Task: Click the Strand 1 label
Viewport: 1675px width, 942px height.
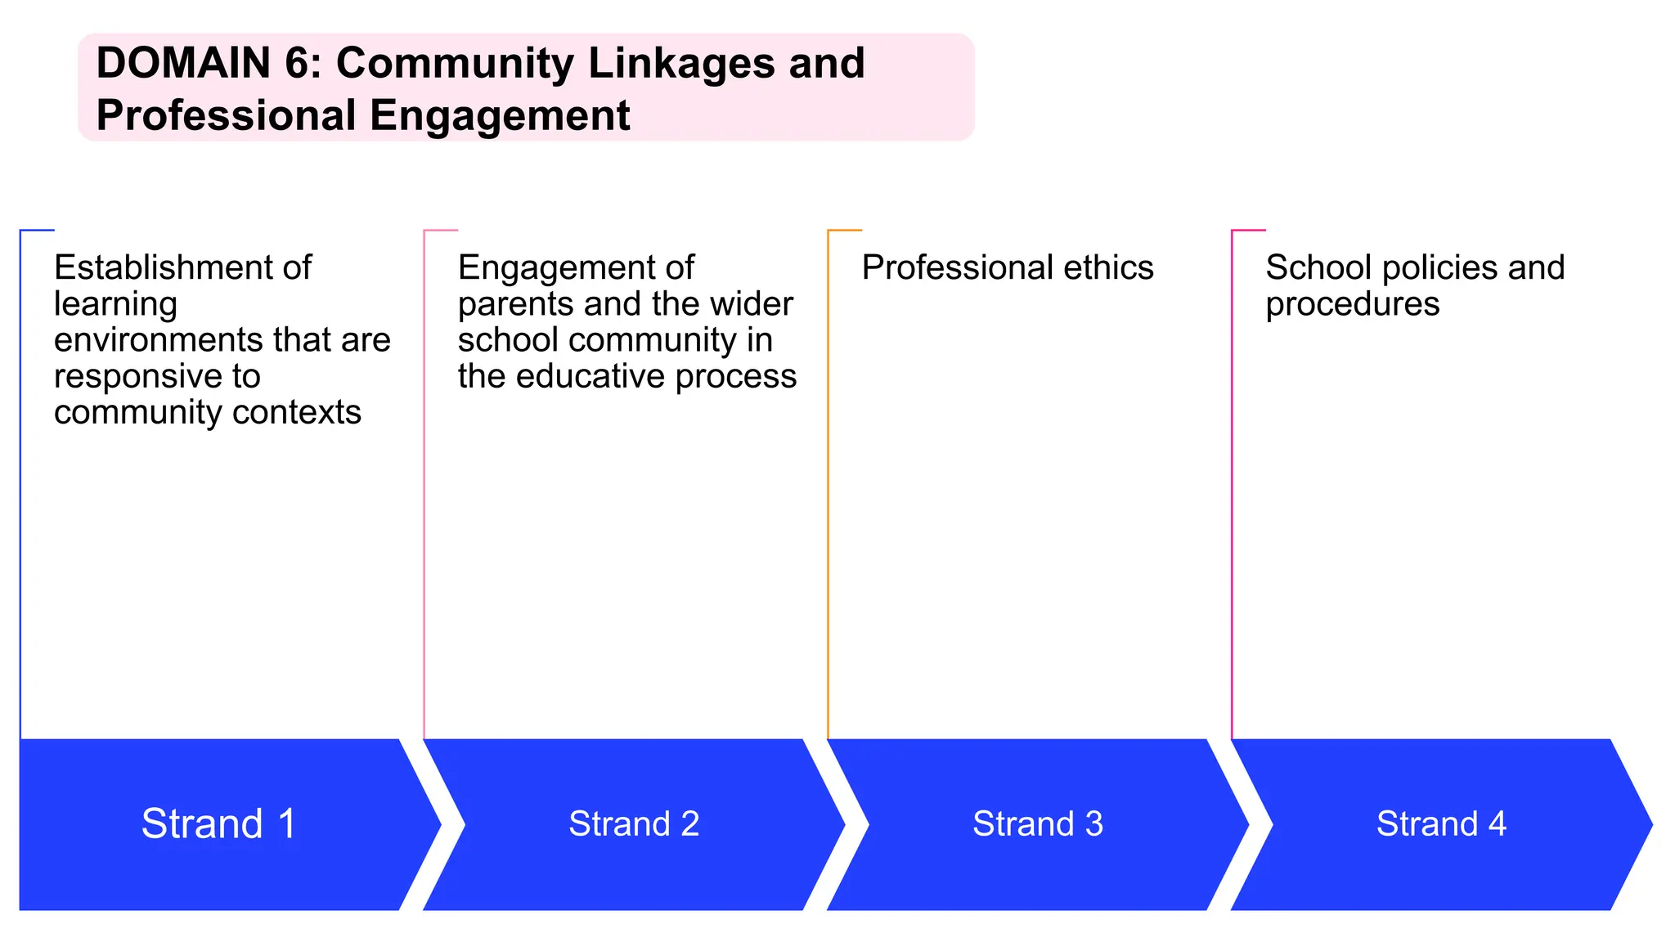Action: [x=218, y=823]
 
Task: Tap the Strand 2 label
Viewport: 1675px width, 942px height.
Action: [x=634, y=823]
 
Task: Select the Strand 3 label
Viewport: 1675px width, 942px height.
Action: [x=1037, y=823]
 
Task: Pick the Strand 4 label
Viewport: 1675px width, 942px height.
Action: [x=1441, y=823]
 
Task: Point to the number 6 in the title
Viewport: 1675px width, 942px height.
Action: [x=299, y=63]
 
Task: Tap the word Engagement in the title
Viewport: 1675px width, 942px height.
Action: [x=500, y=115]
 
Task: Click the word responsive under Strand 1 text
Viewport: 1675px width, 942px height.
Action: [x=156, y=376]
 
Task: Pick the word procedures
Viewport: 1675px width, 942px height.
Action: [x=1352, y=304]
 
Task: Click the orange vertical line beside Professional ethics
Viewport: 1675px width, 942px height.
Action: [x=829, y=491]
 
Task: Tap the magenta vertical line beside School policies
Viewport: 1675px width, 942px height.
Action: [x=1232, y=491]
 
